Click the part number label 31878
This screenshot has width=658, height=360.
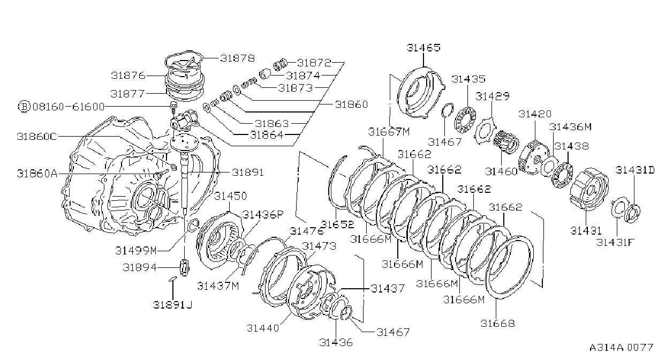pos(237,58)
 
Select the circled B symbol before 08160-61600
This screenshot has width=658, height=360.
pos(24,107)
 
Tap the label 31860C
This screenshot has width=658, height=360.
pos(37,137)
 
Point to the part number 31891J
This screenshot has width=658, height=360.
pos(173,305)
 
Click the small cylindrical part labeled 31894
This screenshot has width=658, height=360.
pos(184,267)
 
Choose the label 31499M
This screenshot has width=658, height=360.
pos(135,251)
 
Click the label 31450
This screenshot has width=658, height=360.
pos(230,196)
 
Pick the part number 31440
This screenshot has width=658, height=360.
pos(263,328)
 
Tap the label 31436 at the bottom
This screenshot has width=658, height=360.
pos(336,342)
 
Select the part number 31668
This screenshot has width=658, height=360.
pos(497,323)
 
